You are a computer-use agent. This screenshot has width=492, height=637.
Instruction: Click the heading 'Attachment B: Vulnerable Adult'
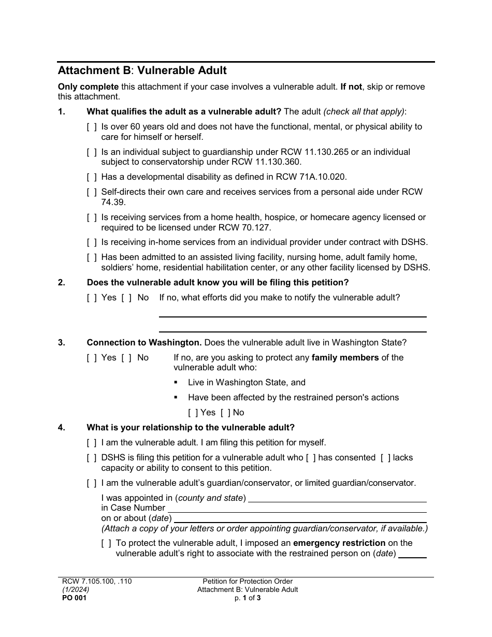pos(142,70)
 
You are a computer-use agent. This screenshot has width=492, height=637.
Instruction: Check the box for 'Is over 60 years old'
pos(92,127)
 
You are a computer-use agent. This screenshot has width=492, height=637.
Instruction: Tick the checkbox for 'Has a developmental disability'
pos(92,177)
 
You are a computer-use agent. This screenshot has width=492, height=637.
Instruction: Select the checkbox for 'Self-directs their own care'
pos(92,192)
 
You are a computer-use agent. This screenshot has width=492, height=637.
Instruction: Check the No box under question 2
pos(126,298)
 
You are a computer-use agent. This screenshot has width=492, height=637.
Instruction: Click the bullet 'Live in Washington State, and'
pos(247,383)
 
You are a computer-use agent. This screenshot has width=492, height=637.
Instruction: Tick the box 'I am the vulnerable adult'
pos(92,443)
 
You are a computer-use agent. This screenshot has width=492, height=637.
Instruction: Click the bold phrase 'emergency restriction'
pos(339,543)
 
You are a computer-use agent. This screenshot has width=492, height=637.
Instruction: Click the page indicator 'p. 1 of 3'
pos(248,598)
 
